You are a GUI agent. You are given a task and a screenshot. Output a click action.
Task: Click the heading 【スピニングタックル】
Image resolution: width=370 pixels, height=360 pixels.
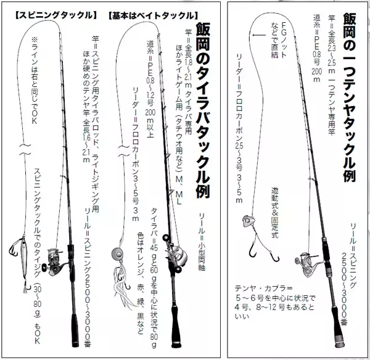(56, 15)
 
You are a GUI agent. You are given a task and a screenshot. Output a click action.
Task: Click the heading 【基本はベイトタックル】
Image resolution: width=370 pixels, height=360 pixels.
(153, 16)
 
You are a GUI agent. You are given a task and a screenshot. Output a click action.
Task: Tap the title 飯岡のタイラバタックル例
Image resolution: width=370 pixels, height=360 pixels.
(202, 110)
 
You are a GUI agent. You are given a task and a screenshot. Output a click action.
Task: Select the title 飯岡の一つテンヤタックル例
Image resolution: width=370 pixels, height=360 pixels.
(350, 97)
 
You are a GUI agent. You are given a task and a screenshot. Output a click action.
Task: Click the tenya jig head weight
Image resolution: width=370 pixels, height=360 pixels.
(249, 221)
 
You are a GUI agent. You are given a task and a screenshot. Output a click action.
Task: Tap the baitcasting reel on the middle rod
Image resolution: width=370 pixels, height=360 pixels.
(175, 253)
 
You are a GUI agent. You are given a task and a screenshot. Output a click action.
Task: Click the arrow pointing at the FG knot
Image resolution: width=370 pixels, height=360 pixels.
(259, 35)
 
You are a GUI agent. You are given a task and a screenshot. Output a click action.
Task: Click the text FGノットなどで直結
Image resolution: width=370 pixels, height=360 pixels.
(279, 40)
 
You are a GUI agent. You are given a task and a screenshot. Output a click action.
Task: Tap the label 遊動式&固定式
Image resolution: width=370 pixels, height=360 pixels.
(275, 212)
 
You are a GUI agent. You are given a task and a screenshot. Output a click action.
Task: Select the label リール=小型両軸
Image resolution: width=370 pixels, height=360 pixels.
(202, 242)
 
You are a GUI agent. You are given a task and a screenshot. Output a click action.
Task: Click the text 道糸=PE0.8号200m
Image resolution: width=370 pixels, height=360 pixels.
(316, 48)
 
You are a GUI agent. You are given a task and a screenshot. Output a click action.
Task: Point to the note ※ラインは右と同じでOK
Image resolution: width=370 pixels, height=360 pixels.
(35, 80)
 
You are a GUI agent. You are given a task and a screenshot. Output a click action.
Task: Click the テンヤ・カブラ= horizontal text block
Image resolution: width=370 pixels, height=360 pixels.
(275, 303)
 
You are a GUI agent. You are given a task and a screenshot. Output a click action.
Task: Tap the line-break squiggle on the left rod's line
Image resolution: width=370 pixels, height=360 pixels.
(25, 150)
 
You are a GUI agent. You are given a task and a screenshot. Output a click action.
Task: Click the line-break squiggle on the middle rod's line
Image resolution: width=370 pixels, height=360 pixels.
(123, 151)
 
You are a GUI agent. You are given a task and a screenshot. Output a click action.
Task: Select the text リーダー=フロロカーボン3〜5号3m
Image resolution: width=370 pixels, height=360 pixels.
(136, 154)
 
